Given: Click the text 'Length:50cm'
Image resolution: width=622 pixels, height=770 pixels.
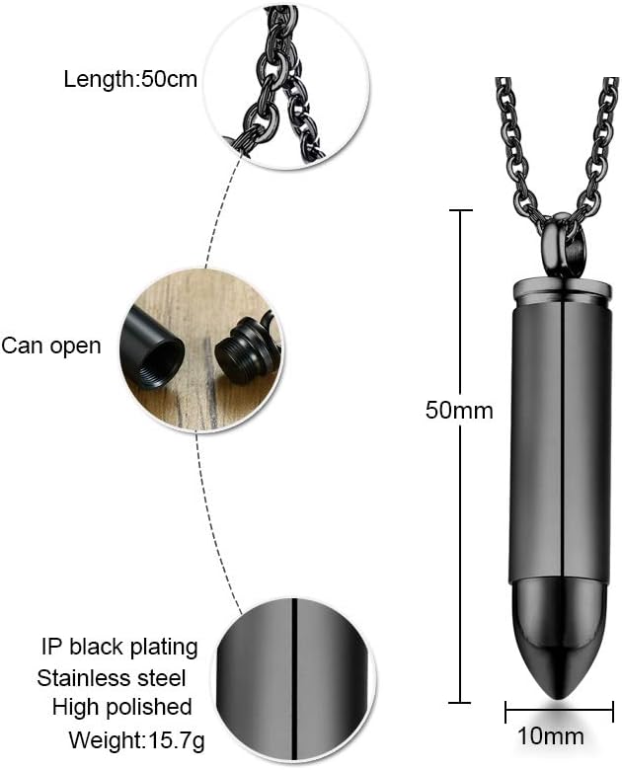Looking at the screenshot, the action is click(x=130, y=79).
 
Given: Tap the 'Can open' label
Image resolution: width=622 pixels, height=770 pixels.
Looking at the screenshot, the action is click(x=50, y=346).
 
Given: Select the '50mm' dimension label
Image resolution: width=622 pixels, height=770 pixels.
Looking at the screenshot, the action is click(x=459, y=410).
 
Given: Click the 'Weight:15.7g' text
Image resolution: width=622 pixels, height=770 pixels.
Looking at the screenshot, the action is click(x=131, y=738).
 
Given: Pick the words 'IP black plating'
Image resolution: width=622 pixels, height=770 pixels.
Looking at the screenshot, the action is click(x=119, y=648).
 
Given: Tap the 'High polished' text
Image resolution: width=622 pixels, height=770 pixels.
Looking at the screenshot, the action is click(x=121, y=707).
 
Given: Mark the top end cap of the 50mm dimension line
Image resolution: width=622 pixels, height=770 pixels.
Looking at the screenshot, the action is click(x=460, y=209).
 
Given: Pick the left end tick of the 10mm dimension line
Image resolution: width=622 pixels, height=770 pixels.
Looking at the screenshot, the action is click(x=506, y=711).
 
